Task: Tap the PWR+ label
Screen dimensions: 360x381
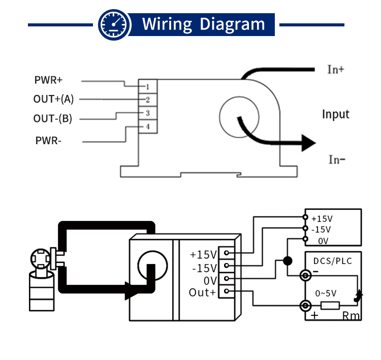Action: coord(48,80)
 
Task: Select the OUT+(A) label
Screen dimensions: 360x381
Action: coord(53,99)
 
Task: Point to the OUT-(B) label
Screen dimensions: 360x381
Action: coord(53,119)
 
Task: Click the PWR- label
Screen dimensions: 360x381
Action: coord(48,141)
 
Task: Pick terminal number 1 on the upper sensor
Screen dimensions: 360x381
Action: coord(147,87)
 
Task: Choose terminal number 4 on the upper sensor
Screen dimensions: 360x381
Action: coord(147,126)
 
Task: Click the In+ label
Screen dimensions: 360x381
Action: coord(335,70)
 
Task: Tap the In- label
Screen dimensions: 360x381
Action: coord(336,160)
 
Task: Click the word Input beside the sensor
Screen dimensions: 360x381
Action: coord(336,114)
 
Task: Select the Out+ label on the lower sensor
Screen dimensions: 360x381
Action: coord(202,292)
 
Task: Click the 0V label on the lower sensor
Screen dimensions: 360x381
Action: coord(210,280)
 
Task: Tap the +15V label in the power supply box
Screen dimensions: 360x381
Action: coord(322,219)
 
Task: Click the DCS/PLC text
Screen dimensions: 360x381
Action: coord(332,261)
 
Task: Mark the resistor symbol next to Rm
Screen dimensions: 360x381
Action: coord(331,306)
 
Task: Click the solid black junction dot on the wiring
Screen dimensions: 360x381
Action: coord(287,261)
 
